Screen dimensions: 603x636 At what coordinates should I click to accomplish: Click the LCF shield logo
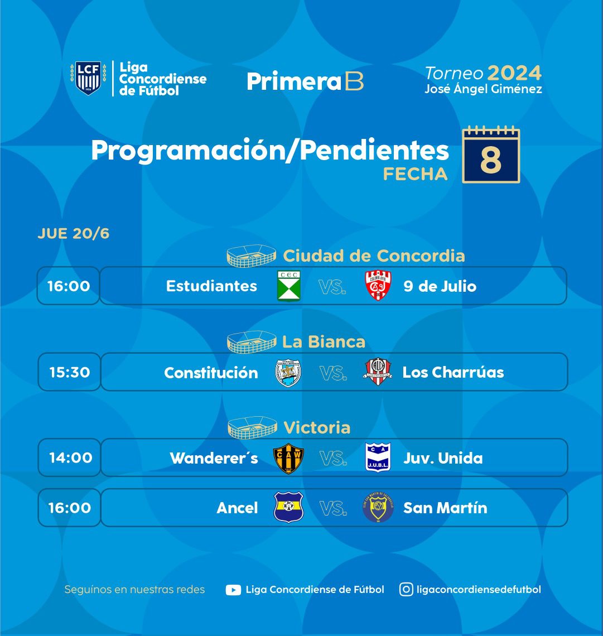[88, 78]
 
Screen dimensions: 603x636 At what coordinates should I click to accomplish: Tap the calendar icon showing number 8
[491, 155]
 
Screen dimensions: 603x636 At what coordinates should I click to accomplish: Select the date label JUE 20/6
[74, 234]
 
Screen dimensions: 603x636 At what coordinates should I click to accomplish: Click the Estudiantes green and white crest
[289, 286]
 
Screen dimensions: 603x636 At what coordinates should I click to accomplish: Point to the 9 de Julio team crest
[378, 286]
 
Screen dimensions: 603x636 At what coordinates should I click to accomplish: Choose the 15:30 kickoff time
[69, 372]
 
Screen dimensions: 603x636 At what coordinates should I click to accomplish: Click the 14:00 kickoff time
[70, 458]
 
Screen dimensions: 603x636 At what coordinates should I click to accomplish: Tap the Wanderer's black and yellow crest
[288, 459]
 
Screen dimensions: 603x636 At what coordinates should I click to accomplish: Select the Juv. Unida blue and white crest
[378, 457]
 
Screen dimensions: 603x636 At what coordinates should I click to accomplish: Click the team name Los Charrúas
[453, 372]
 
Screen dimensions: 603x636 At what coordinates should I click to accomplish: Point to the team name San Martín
[445, 508]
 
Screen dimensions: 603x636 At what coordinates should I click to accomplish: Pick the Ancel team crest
[288, 507]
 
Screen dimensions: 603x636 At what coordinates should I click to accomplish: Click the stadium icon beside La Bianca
[252, 342]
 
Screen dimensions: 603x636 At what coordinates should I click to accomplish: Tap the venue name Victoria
[317, 427]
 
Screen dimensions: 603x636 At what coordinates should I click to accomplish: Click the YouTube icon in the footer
[233, 590]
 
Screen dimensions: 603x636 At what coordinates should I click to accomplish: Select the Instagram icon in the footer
[406, 589]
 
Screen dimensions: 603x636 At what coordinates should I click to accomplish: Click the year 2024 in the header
[514, 74]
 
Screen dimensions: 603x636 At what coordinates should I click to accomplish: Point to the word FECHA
[415, 175]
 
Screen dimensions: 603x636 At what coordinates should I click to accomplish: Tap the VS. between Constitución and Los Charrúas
[333, 373]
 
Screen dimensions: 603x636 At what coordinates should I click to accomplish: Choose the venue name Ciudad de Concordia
[374, 256]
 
